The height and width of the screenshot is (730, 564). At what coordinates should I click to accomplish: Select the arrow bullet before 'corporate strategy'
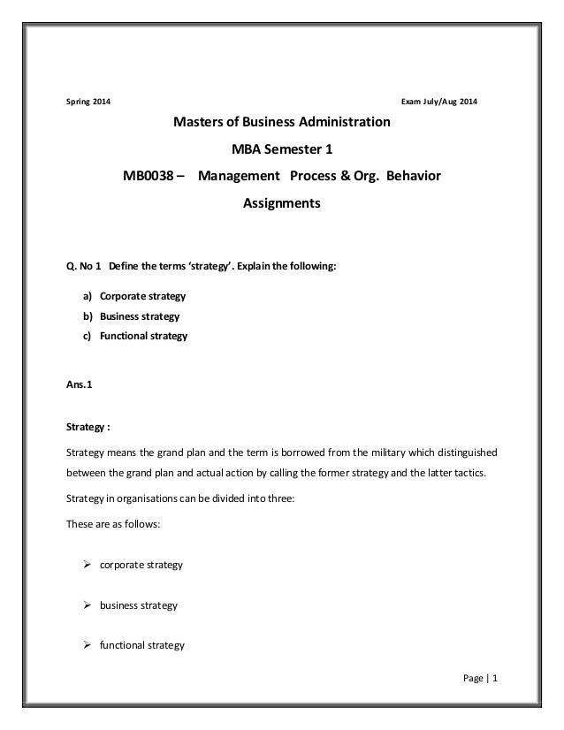pos(88,563)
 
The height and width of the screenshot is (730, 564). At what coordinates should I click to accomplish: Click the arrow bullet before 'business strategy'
pos(88,605)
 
